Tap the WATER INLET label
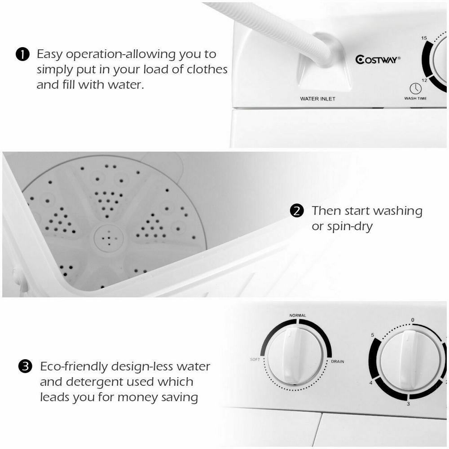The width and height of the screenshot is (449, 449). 318,99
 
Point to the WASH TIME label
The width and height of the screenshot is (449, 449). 415,98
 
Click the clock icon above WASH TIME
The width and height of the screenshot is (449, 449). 415,88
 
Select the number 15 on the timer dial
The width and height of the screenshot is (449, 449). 424,39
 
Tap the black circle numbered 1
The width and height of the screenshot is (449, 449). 22,55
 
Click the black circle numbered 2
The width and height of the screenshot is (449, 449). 297,211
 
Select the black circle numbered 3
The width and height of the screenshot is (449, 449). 25,367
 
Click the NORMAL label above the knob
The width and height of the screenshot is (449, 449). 298,316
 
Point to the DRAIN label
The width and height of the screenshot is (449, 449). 338,361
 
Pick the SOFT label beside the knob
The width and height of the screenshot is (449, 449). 255,360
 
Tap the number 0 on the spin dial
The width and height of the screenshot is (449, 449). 412,320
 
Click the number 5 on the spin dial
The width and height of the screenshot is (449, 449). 372,335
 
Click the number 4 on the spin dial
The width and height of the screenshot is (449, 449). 371,383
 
